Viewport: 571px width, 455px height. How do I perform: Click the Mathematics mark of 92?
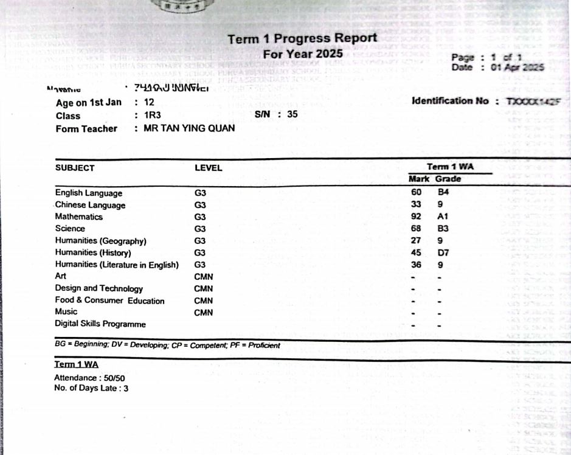(x=417, y=217)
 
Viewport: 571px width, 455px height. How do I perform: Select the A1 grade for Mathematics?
(x=443, y=217)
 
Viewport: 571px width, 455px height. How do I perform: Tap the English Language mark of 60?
(x=417, y=193)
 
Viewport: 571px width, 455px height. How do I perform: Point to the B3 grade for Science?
(x=443, y=229)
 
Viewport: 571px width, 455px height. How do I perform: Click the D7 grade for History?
(x=443, y=252)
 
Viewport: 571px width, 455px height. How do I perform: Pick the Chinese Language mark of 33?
(x=417, y=204)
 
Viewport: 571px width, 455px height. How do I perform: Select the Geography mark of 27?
(x=417, y=240)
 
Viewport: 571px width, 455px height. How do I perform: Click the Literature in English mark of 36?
(x=417, y=265)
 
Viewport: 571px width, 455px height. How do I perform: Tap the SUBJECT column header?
(x=75, y=168)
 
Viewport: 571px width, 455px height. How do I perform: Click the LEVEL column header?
(x=208, y=168)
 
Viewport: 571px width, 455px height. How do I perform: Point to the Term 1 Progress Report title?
(x=302, y=39)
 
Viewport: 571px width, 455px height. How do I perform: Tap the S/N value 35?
(x=292, y=114)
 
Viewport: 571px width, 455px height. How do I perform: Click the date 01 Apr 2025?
(x=517, y=68)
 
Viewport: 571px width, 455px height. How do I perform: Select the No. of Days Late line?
(x=91, y=388)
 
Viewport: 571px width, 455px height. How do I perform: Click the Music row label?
(x=66, y=311)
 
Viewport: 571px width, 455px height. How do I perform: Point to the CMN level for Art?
(x=203, y=276)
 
